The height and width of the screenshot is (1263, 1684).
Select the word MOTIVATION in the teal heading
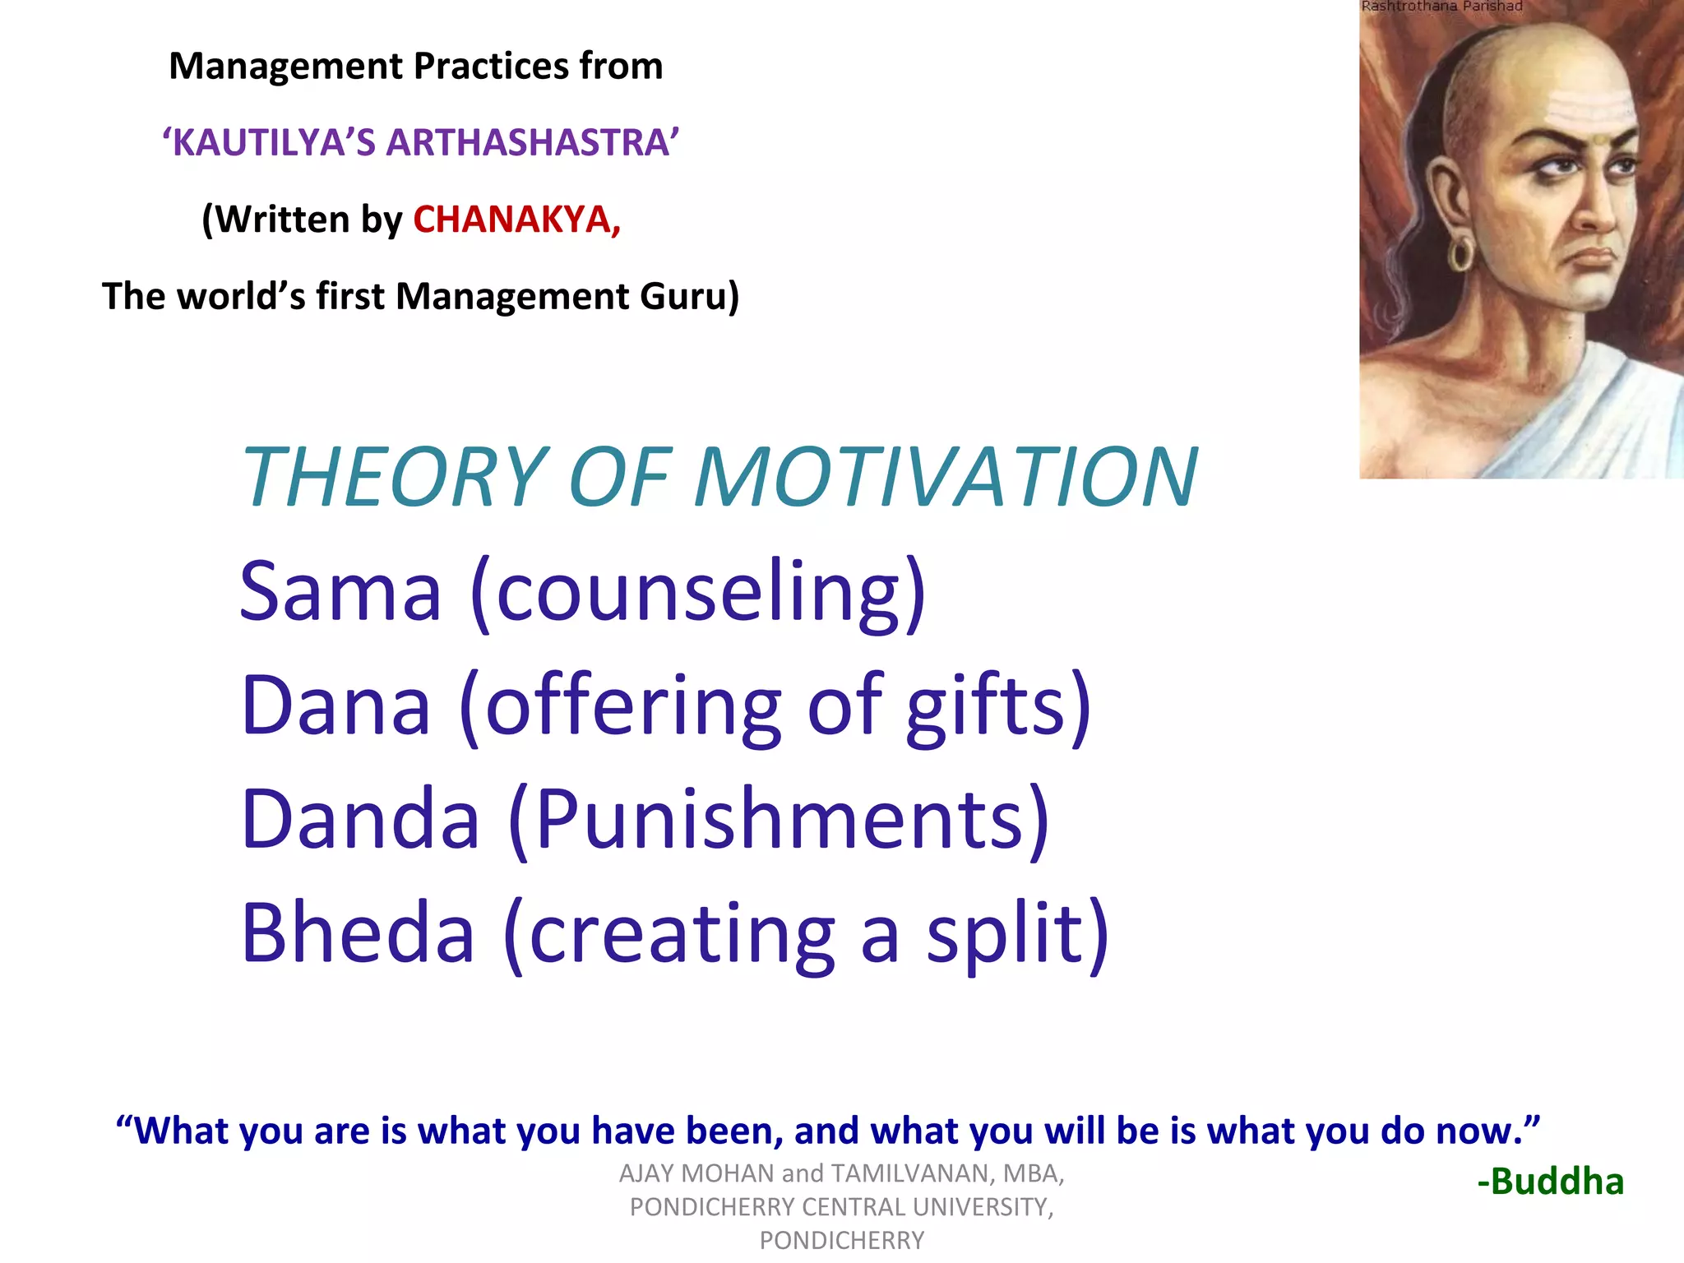click(946, 477)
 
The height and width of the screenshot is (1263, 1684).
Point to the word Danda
click(360, 819)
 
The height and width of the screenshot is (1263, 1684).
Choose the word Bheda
click(358, 933)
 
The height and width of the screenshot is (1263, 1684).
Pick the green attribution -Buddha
click(1551, 1182)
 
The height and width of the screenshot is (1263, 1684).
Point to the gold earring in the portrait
click(1463, 254)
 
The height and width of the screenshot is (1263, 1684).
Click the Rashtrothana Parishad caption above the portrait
click(1441, 7)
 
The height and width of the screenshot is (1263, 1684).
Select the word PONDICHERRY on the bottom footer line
click(841, 1240)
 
